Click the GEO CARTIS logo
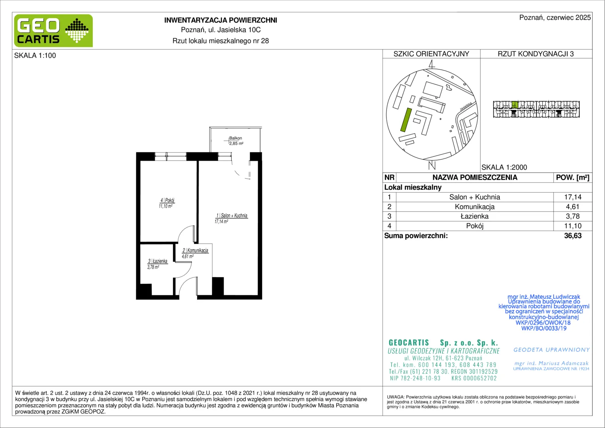(53, 31)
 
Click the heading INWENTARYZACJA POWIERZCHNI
(221, 20)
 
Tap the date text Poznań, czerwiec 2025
(555, 17)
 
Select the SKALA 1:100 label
(35, 55)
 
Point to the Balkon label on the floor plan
(236, 138)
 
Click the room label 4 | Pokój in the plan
(167, 201)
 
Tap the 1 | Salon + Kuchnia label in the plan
(232, 216)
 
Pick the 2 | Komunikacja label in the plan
(195, 250)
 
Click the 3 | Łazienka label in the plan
(158, 261)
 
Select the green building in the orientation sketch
(406, 120)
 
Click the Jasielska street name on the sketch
(466, 106)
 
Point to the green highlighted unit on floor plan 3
(515, 105)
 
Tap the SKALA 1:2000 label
(504, 167)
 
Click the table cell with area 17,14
(573, 197)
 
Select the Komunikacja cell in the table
(475, 207)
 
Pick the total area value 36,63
(573, 236)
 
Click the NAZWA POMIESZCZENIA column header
(475, 178)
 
